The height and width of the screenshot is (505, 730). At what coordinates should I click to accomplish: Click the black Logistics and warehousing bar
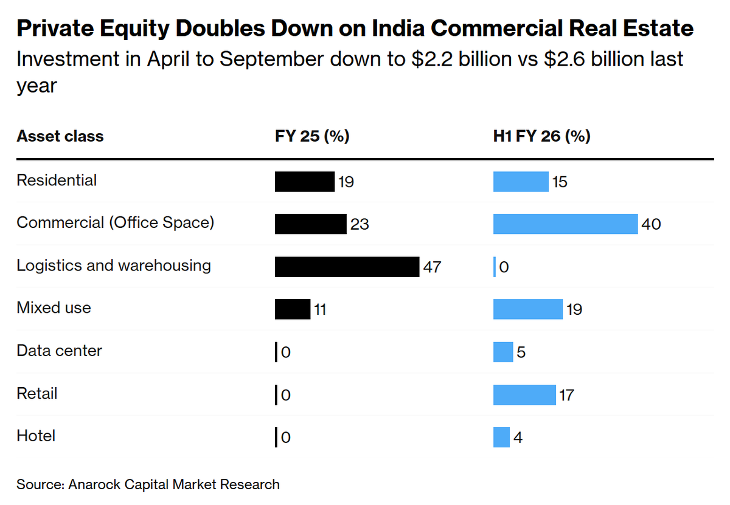pyautogui.click(x=347, y=267)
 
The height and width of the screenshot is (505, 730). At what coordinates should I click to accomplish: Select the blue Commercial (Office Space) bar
pyautogui.click(x=565, y=224)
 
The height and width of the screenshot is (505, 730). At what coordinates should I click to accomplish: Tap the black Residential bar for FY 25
pyautogui.click(x=304, y=182)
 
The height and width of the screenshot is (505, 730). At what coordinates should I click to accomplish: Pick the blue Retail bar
pyautogui.click(x=524, y=395)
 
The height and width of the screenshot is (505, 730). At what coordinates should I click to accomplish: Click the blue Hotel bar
pyautogui.click(x=501, y=438)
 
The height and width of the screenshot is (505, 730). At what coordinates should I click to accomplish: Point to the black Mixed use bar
pyautogui.click(x=293, y=309)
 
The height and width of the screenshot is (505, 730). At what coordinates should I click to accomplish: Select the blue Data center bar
pyautogui.click(x=503, y=352)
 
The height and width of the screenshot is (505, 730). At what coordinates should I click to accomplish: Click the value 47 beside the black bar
pyautogui.click(x=432, y=267)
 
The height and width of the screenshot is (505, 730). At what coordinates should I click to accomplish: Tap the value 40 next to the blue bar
pyautogui.click(x=651, y=224)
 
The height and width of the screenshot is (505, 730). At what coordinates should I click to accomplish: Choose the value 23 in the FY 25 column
pyautogui.click(x=360, y=224)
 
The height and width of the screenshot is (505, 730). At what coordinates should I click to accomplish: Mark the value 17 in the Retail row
pyautogui.click(x=566, y=396)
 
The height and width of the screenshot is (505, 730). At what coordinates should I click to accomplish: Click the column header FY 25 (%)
pyautogui.click(x=312, y=136)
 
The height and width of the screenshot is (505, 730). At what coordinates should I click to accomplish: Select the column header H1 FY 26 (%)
pyautogui.click(x=541, y=136)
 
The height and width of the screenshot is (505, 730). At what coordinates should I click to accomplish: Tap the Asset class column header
pyautogui.click(x=60, y=136)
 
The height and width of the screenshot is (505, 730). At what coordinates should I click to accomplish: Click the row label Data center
pyautogui.click(x=59, y=351)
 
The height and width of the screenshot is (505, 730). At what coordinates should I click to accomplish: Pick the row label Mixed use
pyautogui.click(x=54, y=307)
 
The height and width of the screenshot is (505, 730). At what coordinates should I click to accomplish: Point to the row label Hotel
pyautogui.click(x=36, y=436)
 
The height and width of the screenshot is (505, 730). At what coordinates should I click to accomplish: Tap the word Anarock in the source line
pyautogui.click(x=94, y=484)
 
